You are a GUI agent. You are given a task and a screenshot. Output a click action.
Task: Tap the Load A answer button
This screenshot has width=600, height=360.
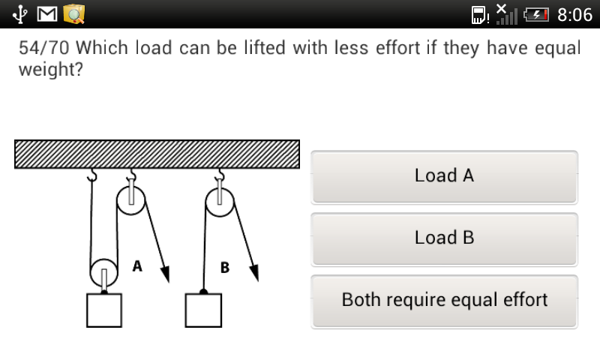[x=444, y=177]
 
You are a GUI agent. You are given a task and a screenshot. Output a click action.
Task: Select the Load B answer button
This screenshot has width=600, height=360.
[x=444, y=239]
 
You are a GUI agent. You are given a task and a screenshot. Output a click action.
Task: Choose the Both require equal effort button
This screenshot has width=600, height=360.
[x=444, y=301]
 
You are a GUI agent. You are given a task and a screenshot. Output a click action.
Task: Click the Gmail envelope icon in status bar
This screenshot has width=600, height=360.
[x=47, y=14]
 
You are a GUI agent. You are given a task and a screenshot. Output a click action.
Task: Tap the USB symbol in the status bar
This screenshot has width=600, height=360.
[x=19, y=14]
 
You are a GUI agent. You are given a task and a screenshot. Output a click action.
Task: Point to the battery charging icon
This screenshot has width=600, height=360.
[x=536, y=15]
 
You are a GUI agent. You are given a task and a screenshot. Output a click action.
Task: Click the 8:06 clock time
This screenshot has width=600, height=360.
[x=574, y=15]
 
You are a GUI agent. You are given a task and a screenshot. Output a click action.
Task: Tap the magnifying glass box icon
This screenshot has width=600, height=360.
[x=73, y=14]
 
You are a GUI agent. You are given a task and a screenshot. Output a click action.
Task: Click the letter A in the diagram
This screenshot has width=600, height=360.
[x=137, y=266]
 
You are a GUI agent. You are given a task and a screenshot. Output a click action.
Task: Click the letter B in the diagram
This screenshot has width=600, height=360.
[x=225, y=268]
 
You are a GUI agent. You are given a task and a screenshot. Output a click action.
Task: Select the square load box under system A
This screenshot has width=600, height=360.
[x=104, y=310]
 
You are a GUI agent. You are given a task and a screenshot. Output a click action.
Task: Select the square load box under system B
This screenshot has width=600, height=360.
[x=203, y=310]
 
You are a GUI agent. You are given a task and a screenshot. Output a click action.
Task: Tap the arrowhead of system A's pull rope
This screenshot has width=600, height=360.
[x=165, y=274]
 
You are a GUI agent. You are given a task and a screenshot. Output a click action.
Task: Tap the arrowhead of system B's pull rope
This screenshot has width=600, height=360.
[x=254, y=273]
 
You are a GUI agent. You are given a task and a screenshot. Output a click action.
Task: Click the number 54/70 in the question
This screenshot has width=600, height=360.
[x=44, y=48]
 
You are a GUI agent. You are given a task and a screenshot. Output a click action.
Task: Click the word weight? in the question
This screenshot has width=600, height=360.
[x=50, y=70]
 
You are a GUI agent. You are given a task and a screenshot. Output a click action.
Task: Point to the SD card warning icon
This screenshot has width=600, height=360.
[x=480, y=15]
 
